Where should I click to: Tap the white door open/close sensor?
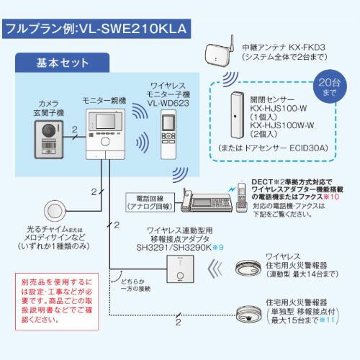point(236,114)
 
